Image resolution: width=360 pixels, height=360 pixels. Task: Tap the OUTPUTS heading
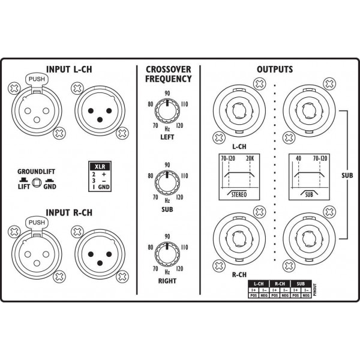274,69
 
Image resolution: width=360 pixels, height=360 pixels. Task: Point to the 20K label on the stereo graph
250,159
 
